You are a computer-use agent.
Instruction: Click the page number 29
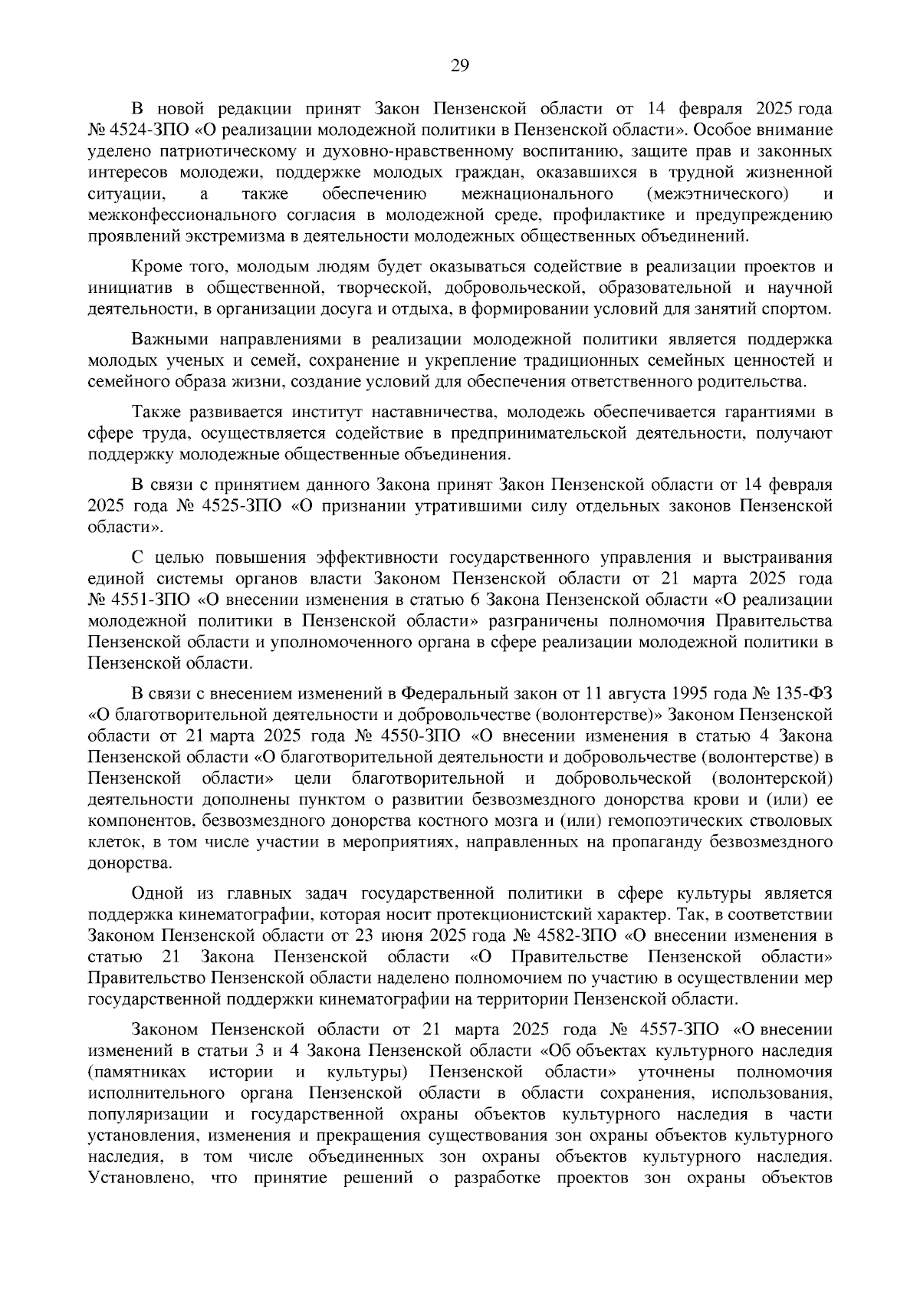459,66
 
